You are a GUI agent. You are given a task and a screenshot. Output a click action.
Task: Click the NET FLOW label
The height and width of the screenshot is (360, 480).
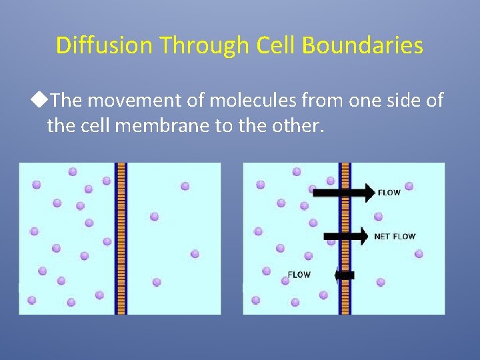click(x=395, y=237)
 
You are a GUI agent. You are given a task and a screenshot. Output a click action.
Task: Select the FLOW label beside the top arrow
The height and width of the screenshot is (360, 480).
click(x=389, y=193)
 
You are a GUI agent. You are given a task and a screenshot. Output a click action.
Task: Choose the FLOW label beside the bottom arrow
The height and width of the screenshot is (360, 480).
click(x=299, y=274)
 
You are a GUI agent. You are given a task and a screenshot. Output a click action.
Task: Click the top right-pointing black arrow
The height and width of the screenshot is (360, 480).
click(x=343, y=193)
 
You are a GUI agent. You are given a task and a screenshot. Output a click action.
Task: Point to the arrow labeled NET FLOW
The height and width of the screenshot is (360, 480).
click(x=345, y=236)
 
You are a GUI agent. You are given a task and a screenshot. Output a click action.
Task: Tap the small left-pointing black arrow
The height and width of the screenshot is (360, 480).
click(x=345, y=275)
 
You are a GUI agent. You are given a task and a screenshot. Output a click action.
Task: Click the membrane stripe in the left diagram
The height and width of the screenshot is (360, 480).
click(x=121, y=238)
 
